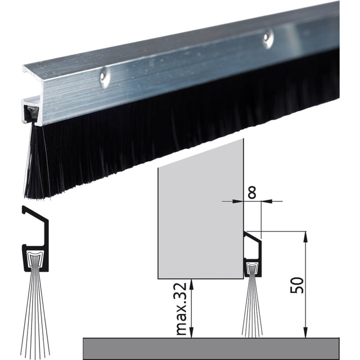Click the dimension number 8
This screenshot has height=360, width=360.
[x=252, y=192]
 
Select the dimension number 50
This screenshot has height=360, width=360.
[x=297, y=285]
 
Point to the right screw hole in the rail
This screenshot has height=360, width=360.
[x=268, y=37]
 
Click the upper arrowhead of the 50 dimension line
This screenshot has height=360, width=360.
[x=305, y=236]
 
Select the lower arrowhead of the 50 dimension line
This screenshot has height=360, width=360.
[x=305, y=333]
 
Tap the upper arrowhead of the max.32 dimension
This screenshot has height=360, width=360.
[x=192, y=284]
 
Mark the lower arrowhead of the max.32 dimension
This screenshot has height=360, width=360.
[x=192, y=333]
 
